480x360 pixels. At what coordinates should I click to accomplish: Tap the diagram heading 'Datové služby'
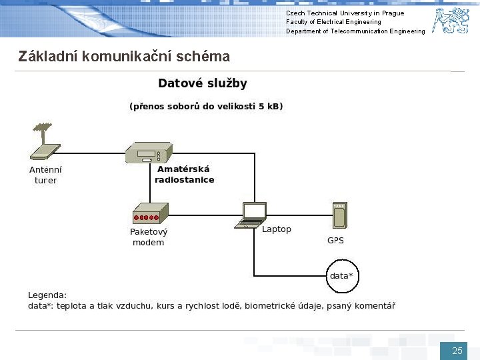[x=202, y=83]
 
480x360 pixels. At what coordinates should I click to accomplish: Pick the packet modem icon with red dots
[x=149, y=214]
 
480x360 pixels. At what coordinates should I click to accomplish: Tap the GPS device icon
[x=340, y=215]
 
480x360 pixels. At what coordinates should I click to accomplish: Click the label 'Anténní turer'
[x=46, y=175]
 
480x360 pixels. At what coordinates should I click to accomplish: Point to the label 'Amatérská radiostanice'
[x=184, y=175]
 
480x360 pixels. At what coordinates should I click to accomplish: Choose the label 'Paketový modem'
[x=149, y=237]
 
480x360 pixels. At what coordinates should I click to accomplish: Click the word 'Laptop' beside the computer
[x=277, y=229]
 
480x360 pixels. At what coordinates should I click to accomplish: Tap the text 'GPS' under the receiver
[x=335, y=240]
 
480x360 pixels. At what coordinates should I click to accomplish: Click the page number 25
[x=457, y=351]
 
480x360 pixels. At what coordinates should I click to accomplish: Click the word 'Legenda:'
[x=47, y=295]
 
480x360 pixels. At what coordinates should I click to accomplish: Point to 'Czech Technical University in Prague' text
[x=345, y=13]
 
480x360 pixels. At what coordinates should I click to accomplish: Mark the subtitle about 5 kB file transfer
[x=205, y=106]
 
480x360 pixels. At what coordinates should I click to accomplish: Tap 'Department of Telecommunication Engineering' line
[x=355, y=31]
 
